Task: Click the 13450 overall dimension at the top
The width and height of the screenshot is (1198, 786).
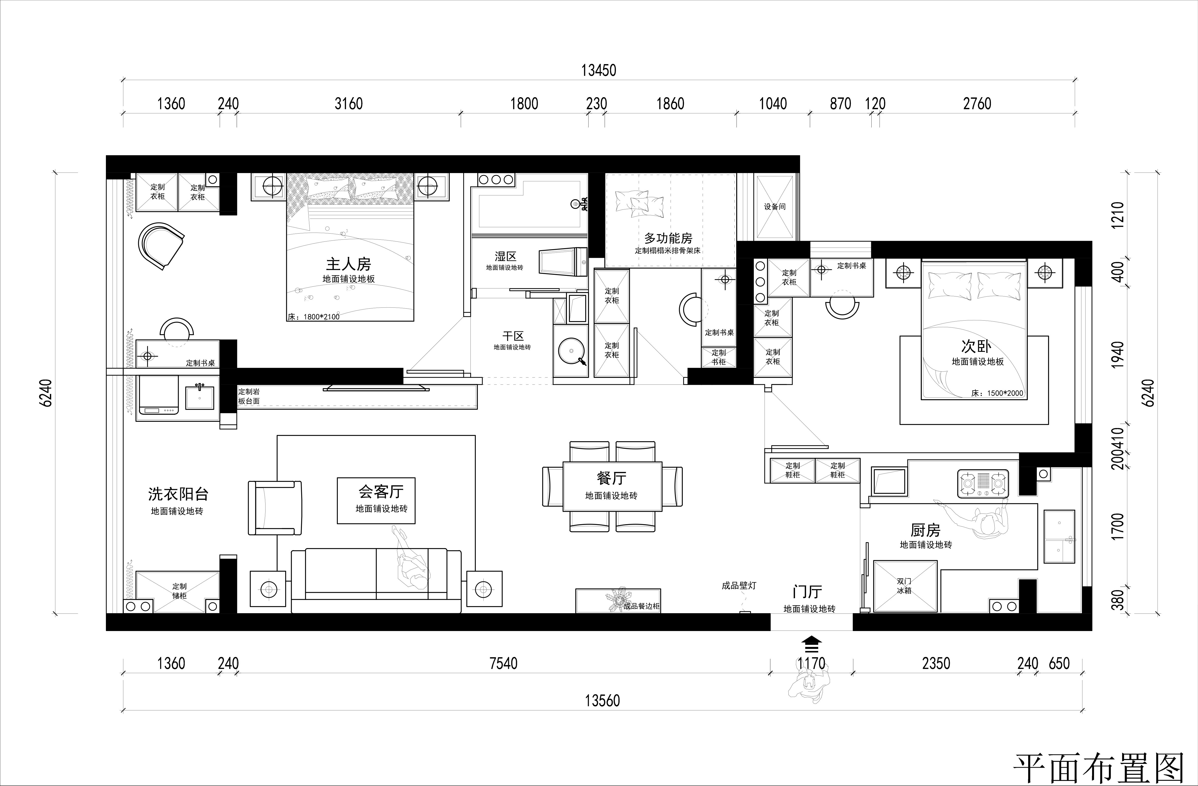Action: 598,70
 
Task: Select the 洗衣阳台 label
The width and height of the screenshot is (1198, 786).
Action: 178,494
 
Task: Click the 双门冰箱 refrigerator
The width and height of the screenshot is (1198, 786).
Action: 904,586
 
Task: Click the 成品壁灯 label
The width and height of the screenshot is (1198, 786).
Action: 739,586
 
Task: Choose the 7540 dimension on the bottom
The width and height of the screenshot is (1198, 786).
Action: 503,663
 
